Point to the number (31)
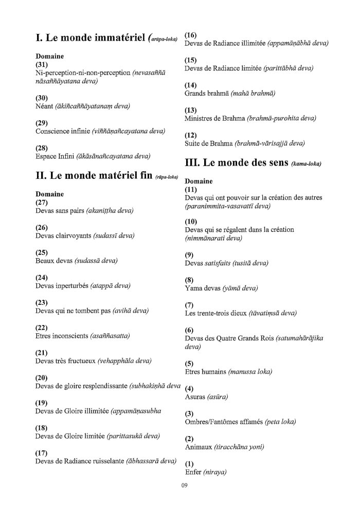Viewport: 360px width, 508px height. (x=42, y=65)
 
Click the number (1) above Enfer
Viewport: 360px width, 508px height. (x=190, y=464)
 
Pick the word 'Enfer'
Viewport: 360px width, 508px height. (x=193, y=472)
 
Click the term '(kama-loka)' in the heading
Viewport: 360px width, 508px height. (x=306, y=165)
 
